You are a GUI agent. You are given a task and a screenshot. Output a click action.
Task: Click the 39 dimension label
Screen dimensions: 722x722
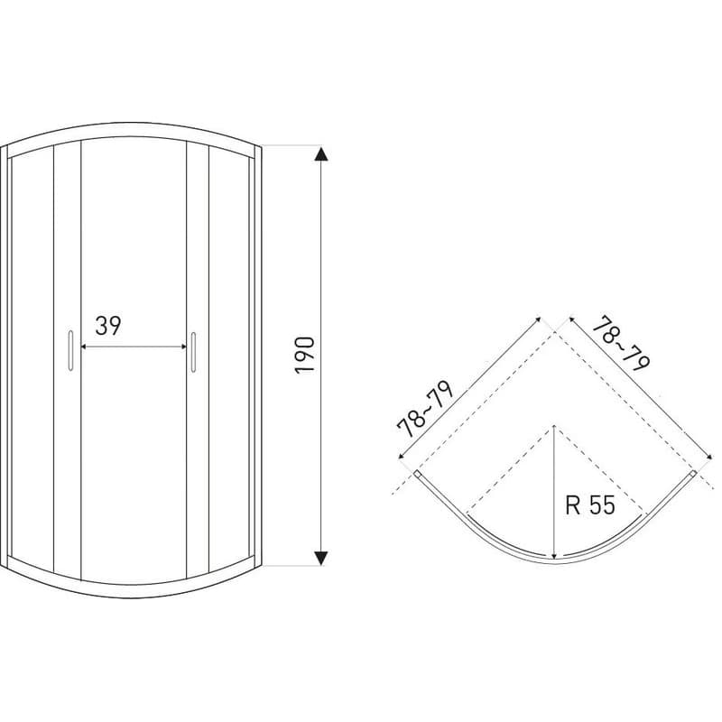(108, 326)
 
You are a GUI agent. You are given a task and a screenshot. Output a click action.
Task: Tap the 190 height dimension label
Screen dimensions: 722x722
(305, 355)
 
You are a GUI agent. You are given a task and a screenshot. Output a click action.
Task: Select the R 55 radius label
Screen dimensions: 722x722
(590, 505)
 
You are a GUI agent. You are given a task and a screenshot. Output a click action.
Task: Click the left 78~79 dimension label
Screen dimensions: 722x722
(425, 409)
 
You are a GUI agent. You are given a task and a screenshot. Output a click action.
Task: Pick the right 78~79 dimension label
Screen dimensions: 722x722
(621, 344)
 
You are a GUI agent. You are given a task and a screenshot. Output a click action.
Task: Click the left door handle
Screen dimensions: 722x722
(70, 350)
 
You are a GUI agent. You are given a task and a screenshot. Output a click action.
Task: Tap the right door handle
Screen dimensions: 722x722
(193, 351)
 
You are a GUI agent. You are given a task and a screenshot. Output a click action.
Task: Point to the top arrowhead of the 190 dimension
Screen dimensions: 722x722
(321, 153)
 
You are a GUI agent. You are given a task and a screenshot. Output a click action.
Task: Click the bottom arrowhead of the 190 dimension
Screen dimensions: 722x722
(321, 558)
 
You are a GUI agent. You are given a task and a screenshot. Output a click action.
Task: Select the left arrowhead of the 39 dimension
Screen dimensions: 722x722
(84, 347)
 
